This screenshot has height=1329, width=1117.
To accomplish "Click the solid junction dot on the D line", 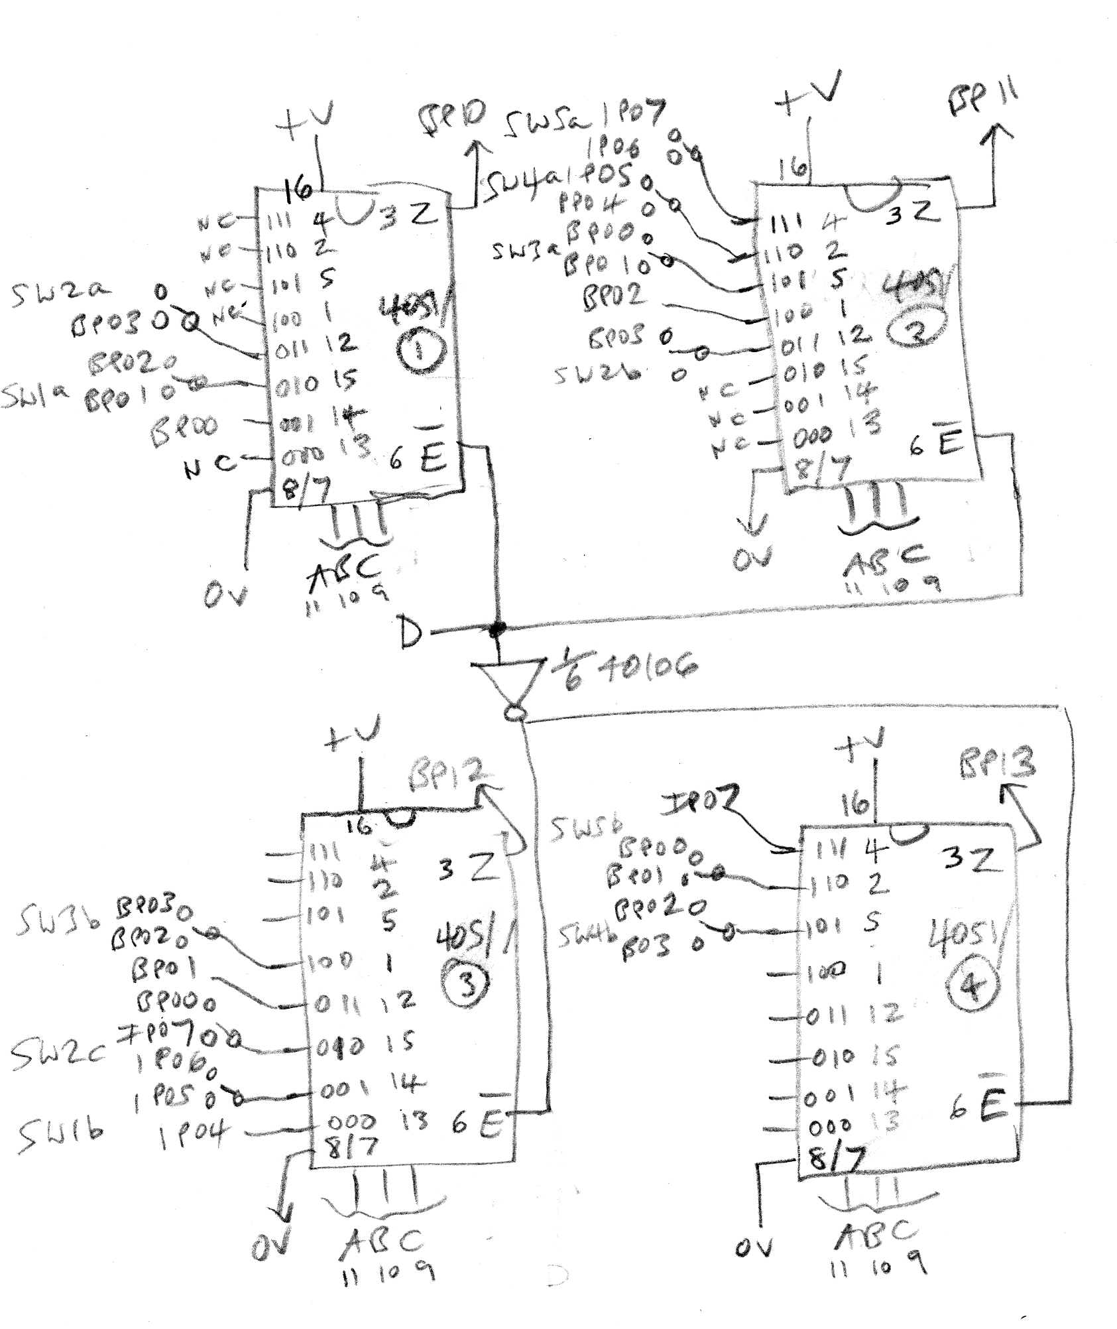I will [x=495, y=627].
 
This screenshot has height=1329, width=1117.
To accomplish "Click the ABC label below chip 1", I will [x=345, y=570].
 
